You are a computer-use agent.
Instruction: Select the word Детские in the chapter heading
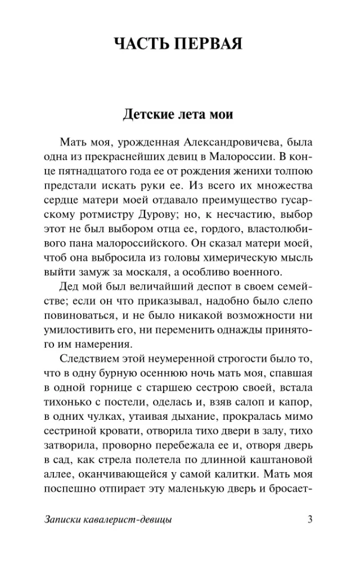click(x=146, y=115)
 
